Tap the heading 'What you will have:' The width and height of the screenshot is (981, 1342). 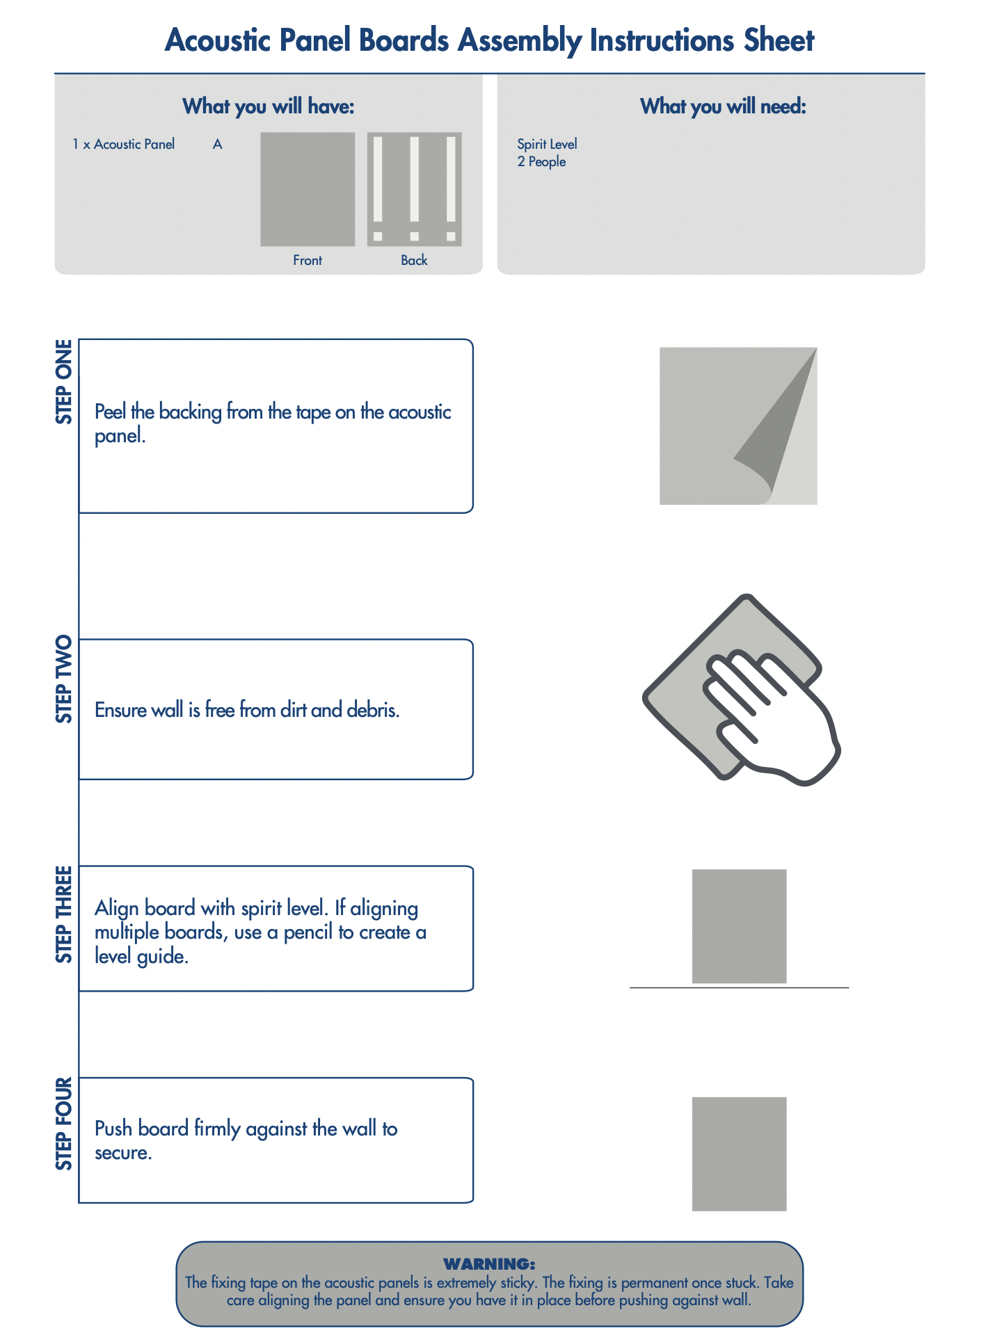tap(269, 106)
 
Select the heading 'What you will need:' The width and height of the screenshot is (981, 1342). tap(723, 106)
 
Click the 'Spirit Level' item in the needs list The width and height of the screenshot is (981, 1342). tap(547, 144)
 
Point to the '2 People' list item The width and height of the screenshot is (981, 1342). tap(541, 161)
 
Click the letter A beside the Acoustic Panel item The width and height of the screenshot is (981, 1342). tap(218, 144)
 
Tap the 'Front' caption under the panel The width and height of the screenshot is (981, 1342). tap(308, 260)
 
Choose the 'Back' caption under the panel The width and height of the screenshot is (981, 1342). tap(414, 260)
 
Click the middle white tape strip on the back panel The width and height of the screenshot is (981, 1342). tap(415, 179)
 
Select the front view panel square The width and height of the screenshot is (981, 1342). tap(308, 189)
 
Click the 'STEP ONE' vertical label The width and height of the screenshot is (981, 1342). tap(64, 382)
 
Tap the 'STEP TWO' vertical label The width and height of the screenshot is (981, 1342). tap(64, 679)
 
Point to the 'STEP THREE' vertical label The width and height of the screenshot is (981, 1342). tap(64, 914)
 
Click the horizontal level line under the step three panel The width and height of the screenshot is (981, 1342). tap(739, 987)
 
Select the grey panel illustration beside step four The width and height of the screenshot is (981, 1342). tap(739, 1154)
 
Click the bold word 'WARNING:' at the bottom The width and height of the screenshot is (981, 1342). tap(489, 1264)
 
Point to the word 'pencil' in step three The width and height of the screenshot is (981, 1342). tap(309, 932)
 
